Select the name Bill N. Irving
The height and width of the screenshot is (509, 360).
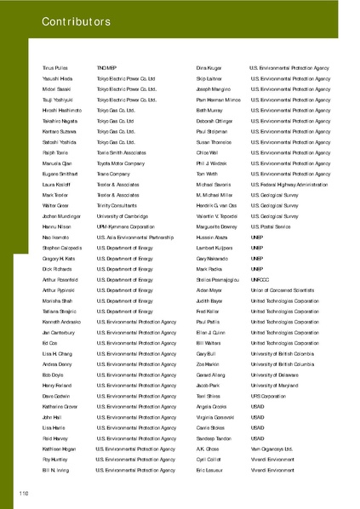[55, 471]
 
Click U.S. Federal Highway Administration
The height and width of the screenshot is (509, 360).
[289, 184]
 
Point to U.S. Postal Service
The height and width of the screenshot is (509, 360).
[272, 228]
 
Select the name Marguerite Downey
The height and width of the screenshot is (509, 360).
[218, 228]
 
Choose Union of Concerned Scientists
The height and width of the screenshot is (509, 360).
[286, 288]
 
